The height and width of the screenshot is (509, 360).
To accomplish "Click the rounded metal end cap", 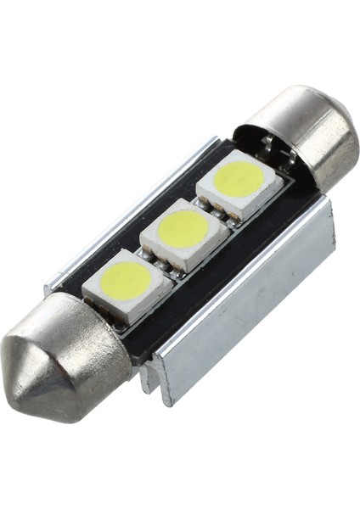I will coord(311,137).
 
